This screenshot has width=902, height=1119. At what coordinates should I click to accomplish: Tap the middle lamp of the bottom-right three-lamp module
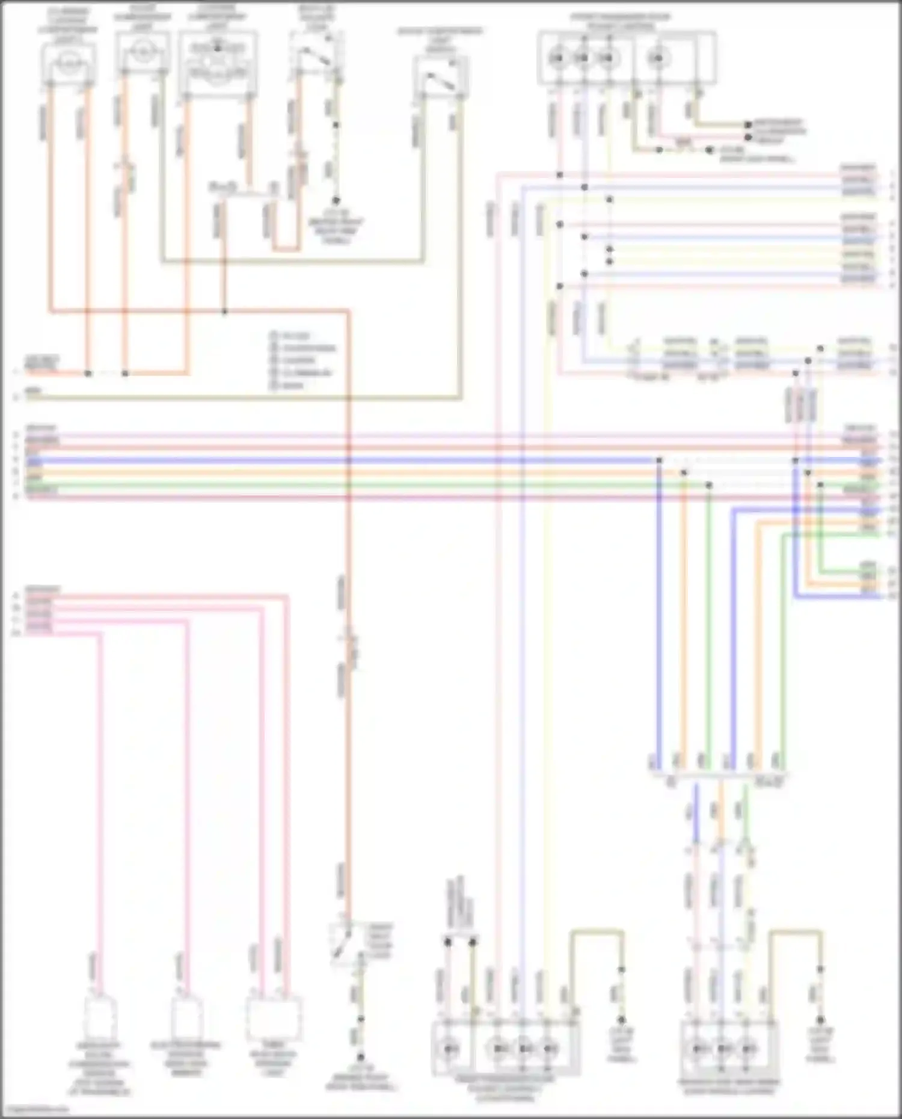pyautogui.click(x=722, y=1049)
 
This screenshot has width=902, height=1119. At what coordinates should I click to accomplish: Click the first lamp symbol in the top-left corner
pyautogui.click(x=69, y=63)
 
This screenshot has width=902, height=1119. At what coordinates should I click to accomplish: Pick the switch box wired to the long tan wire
pyautogui.click(x=441, y=78)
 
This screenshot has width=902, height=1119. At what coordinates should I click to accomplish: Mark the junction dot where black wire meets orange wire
pyautogui.click(x=224, y=311)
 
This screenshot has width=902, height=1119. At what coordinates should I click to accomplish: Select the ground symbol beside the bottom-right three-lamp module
pyautogui.click(x=820, y=1020)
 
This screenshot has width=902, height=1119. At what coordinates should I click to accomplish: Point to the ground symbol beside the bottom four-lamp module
pyautogui.click(x=621, y=1020)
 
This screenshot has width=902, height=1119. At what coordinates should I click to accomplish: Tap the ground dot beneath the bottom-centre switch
pyautogui.click(x=361, y=1057)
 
